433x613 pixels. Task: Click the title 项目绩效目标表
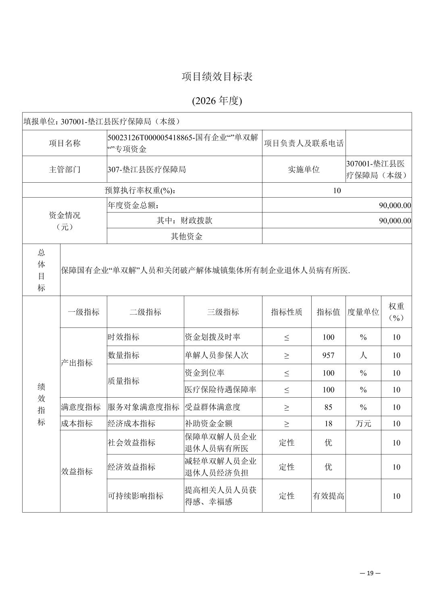217,77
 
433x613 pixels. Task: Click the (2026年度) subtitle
217,100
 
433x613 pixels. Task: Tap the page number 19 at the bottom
371,573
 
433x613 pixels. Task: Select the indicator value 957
328,355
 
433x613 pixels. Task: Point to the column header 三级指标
223,312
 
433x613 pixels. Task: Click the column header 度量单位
363,312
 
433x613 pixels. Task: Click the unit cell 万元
363,423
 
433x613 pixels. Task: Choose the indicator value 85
328,407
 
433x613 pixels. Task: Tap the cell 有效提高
328,496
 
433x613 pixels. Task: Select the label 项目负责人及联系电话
304,143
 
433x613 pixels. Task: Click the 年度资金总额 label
133,205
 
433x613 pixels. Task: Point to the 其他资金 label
186,236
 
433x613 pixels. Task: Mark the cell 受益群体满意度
212,407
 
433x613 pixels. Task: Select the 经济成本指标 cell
131,423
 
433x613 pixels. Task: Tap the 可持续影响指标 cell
135,496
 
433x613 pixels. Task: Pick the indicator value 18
328,423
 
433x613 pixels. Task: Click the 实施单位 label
304,169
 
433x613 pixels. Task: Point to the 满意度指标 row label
81,407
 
